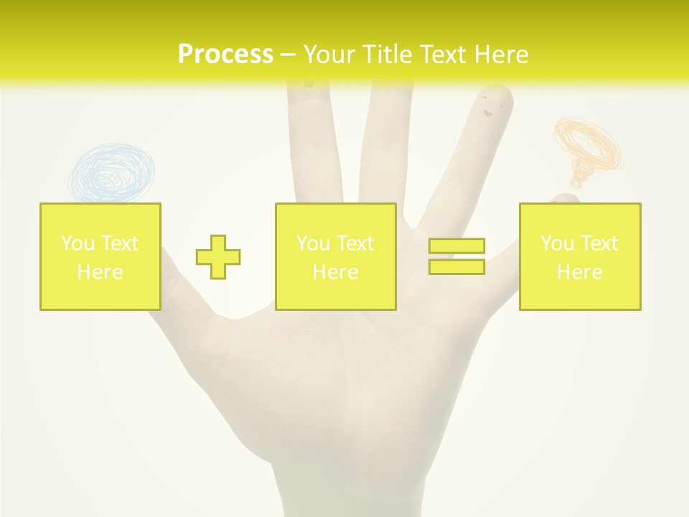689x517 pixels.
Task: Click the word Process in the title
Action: pos(225,55)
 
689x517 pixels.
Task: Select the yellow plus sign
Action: pos(218,257)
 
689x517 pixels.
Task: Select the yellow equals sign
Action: pos(456,256)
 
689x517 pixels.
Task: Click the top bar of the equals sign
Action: pos(456,246)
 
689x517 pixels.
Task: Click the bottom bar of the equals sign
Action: pos(456,266)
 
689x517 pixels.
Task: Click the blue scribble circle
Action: pos(112,172)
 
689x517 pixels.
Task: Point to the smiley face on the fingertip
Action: pos(491,106)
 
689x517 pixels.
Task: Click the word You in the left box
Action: pos(78,243)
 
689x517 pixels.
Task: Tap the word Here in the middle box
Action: pos(335,272)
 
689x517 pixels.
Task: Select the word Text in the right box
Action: pos(599,243)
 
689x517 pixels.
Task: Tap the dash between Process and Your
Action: pos(288,55)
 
